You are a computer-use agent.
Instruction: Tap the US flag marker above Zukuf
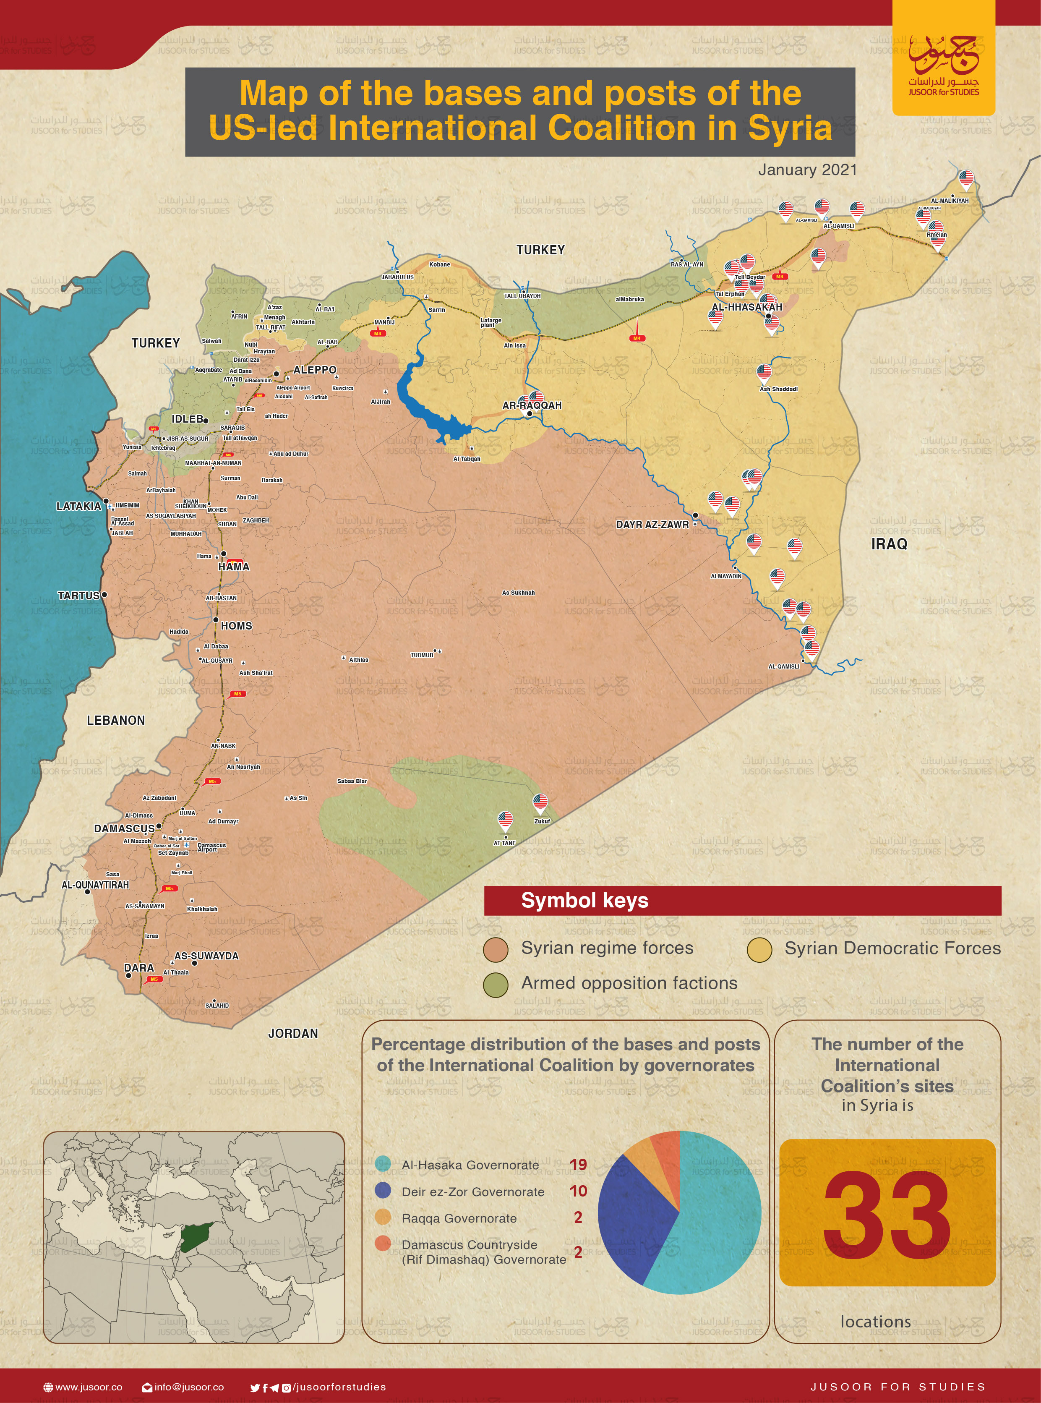point(540,802)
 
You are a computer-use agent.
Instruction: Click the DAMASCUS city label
point(124,828)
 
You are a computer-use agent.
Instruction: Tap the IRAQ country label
point(889,544)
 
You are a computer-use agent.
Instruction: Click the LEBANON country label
point(115,721)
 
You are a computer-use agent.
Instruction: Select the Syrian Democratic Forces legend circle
point(759,950)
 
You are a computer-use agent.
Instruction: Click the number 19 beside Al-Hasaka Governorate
point(578,1164)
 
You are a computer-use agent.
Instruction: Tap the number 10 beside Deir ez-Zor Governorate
point(578,1191)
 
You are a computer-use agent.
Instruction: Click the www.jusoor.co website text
point(88,1387)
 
